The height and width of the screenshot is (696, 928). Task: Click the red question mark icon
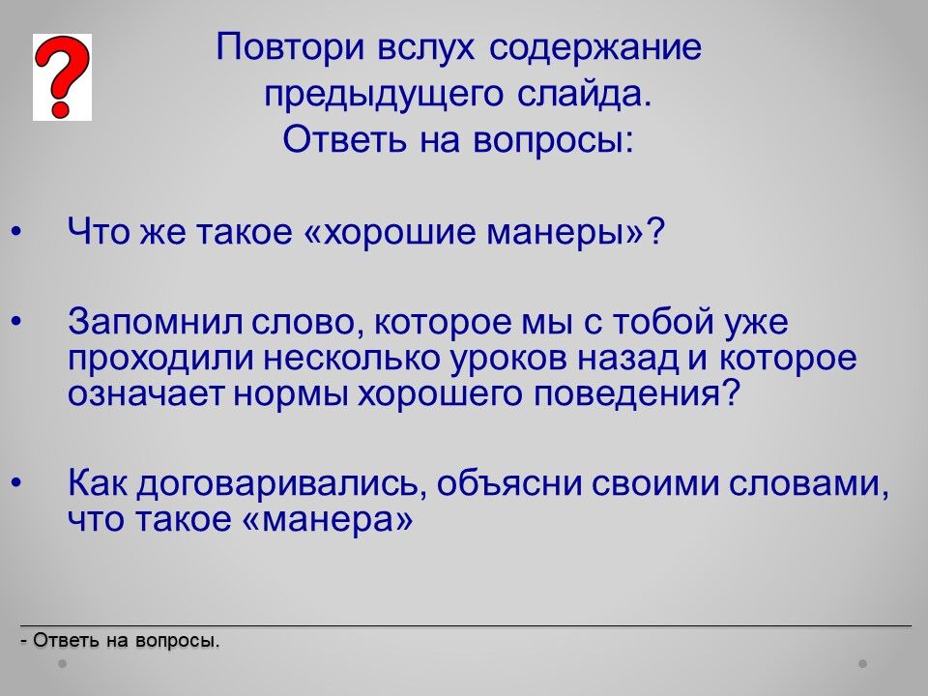click(x=62, y=76)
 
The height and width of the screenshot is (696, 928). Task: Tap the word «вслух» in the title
click(x=425, y=46)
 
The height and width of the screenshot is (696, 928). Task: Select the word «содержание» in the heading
click(x=594, y=48)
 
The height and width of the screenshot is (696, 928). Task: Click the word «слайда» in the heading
click(x=579, y=94)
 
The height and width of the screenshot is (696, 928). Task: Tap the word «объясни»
click(x=509, y=483)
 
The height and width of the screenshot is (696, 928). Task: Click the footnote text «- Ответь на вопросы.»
click(x=120, y=641)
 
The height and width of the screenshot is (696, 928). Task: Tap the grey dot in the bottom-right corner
click(x=863, y=663)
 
